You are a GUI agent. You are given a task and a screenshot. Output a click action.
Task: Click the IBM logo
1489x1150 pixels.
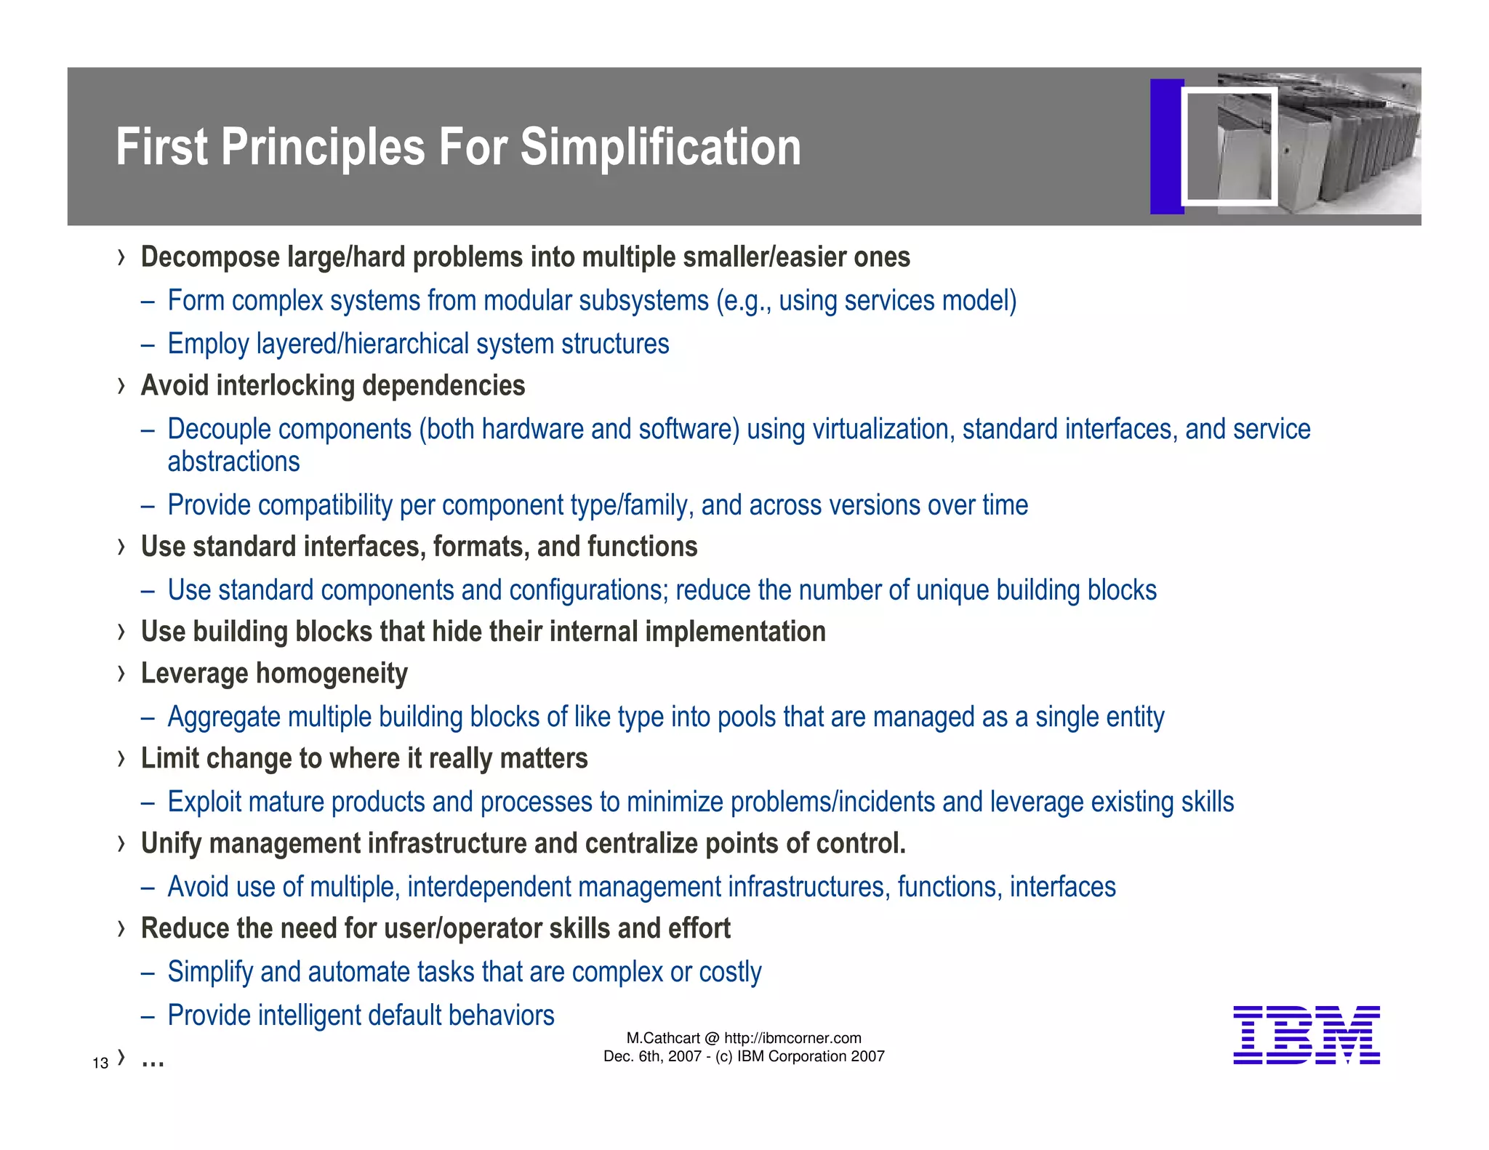[x=1306, y=1035]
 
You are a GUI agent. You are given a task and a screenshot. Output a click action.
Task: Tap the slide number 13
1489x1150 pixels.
[x=100, y=1063]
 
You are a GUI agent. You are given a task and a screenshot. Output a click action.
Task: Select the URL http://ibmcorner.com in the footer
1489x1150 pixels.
[x=792, y=1038]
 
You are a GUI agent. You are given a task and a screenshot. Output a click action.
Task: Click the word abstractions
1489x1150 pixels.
[x=233, y=462]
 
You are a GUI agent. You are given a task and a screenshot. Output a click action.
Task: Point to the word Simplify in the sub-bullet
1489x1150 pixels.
[x=209, y=973]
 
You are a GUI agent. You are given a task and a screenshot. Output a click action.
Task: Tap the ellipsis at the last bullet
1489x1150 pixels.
[x=153, y=1063]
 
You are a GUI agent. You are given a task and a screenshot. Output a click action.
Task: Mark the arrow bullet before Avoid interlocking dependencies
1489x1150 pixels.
[x=121, y=386]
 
